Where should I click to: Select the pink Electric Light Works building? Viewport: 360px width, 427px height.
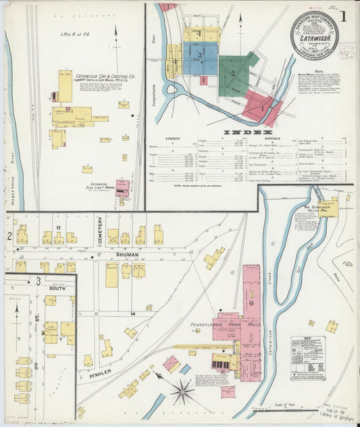pyautogui.click(x=122, y=189)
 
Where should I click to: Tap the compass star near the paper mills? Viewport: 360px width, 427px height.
pyautogui.click(x=181, y=390)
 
